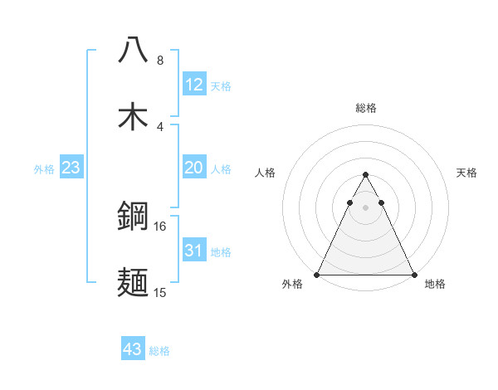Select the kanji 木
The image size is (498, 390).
click(133, 116)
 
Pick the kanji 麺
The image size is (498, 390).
click(133, 283)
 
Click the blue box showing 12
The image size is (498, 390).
click(194, 85)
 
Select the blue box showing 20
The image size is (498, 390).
click(194, 168)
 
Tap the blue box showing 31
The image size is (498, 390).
click(194, 251)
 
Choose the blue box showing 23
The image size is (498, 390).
click(71, 168)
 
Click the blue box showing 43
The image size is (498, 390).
click(133, 349)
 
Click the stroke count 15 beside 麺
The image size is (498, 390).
click(160, 293)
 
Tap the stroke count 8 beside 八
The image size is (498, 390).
click(160, 61)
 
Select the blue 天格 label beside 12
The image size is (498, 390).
click(221, 85)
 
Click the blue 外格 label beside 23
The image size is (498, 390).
click(44, 169)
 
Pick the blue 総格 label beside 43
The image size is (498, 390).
click(159, 350)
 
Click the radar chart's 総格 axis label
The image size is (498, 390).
click(366, 108)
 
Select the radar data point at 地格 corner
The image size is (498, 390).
click(413, 274)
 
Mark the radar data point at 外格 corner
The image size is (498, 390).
click(318, 274)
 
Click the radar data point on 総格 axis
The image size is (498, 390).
click(365, 175)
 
